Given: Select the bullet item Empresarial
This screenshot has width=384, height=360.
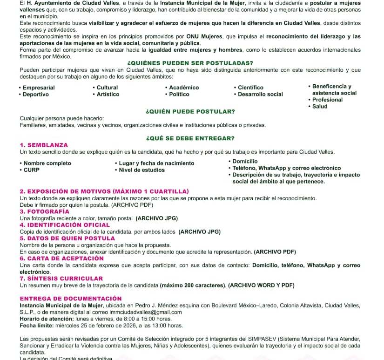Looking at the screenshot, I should pos(39,88).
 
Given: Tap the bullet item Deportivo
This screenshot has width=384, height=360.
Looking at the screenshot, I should pos(36,94).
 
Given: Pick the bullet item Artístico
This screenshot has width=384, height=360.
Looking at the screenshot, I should pos(108,94).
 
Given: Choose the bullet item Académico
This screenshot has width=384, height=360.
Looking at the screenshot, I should pos(184,88).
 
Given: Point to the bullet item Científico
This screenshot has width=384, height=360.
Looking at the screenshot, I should pos(250,88).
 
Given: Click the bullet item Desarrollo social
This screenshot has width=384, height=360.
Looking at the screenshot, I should pos(260,94).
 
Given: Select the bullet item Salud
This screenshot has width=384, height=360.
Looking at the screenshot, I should pos(320,106).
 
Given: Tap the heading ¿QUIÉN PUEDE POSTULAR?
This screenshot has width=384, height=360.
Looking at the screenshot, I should pos(190,111).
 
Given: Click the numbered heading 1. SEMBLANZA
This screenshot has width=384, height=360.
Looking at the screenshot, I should pos(44,145).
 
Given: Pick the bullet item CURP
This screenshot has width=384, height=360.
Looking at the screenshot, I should pos(32,170).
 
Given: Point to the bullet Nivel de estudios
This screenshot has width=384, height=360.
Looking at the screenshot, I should pos(141,170).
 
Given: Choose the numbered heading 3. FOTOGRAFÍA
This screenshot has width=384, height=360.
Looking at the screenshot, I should pos(45,211).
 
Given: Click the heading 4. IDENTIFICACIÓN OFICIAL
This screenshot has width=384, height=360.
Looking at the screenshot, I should pos(65,225).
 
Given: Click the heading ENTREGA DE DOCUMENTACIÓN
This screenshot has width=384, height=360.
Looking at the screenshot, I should pos(70,299).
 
